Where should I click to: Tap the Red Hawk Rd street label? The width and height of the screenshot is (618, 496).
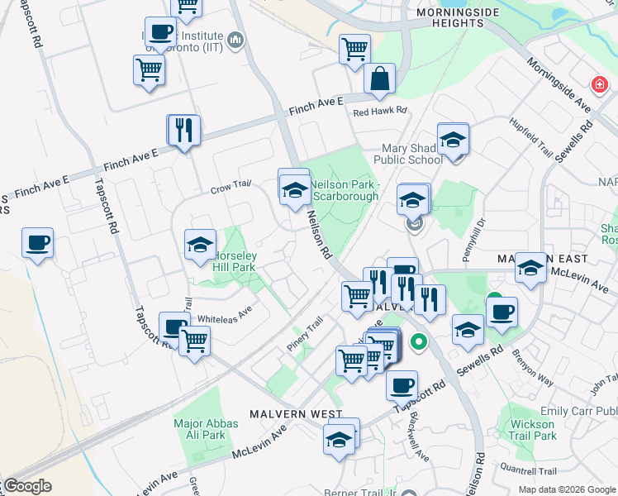click(380, 110)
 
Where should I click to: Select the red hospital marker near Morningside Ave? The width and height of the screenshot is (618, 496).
click(598, 83)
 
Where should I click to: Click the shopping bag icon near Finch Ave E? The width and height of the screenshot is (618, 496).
click(379, 79)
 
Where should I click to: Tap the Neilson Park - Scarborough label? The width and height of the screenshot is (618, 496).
click(344, 190)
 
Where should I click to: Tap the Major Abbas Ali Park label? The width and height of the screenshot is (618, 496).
click(206, 429)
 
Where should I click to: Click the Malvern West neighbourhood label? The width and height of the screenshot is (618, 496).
click(288, 413)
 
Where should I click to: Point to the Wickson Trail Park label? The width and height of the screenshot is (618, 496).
click(533, 430)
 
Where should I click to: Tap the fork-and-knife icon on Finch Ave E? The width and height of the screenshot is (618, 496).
click(183, 131)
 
